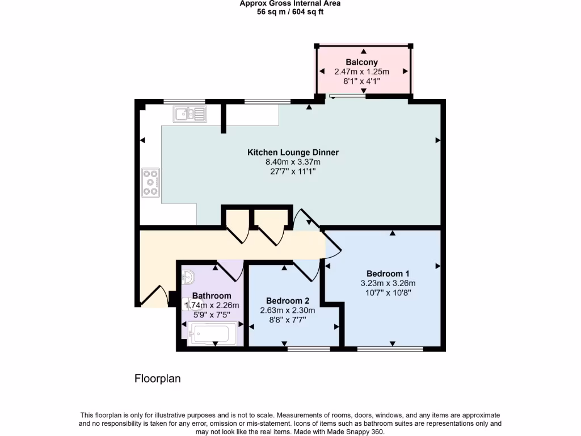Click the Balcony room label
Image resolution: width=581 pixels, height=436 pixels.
point(361,62)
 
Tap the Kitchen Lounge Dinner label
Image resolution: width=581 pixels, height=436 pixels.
point(293,152)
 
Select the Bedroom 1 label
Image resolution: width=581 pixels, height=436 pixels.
point(388,273)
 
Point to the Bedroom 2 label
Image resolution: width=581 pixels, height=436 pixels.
point(288,300)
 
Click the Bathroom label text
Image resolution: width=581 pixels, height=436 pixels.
point(212,296)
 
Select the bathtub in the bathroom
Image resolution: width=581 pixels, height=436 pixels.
point(208,334)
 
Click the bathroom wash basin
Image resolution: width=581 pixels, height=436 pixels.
point(189,278)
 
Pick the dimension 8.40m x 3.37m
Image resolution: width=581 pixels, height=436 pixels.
point(293,162)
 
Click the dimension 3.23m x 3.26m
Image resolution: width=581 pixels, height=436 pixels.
point(388,283)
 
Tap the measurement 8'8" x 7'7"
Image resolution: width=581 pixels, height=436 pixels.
point(288,320)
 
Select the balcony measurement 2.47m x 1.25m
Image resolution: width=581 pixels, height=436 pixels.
point(361,72)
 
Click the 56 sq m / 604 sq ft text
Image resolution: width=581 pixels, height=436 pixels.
point(290,12)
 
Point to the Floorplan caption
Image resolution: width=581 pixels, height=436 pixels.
point(158,379)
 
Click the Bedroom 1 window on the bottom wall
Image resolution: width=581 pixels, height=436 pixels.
point(390,349)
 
